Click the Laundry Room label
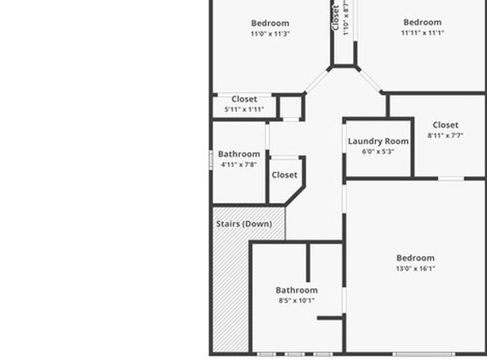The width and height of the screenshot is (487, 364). coord(378,141)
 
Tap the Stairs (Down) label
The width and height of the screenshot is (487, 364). coord(244,224)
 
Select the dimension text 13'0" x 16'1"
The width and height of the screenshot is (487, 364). coord(415,269)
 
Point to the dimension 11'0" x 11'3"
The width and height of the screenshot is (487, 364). coord(270,33)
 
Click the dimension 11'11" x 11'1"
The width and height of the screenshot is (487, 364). coord(422,33)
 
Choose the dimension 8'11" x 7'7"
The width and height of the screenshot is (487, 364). coord(445,135)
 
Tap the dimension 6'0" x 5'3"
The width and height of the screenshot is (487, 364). coord(378,152)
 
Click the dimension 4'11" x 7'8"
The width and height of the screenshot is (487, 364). coord(239,165)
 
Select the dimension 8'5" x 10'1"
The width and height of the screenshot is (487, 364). coord(297,300)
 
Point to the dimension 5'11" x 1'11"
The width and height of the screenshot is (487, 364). coord(244,109)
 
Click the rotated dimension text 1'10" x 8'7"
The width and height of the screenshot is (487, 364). coord(346,18)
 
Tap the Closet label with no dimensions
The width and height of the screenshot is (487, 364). coord(284,175)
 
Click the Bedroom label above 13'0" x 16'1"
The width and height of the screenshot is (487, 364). coord(415,258)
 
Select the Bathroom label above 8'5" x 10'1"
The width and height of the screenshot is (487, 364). coord(297,291)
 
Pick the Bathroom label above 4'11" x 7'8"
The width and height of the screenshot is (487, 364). coord(239,154)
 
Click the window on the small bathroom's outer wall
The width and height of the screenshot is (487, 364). coord(211,160)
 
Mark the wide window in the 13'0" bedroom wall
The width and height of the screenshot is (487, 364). coord(423,354)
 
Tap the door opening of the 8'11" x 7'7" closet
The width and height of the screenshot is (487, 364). coord(451,179)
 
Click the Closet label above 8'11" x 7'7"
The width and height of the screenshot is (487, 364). coord(445,125)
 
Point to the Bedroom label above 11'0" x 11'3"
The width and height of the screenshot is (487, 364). coord(270,23)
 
